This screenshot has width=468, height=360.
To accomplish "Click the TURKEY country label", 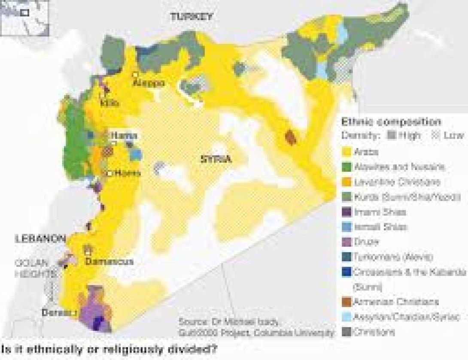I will point(191,17).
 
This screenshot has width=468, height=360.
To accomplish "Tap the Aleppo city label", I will point(148,82).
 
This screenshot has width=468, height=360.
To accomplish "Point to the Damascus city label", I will point(109,261).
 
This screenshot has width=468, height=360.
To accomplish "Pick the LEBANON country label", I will point(40,239).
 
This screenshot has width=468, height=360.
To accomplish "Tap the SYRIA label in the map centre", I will point(216,159).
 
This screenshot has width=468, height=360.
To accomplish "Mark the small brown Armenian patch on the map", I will point(291,138).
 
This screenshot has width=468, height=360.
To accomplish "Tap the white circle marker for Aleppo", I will point(135,74).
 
